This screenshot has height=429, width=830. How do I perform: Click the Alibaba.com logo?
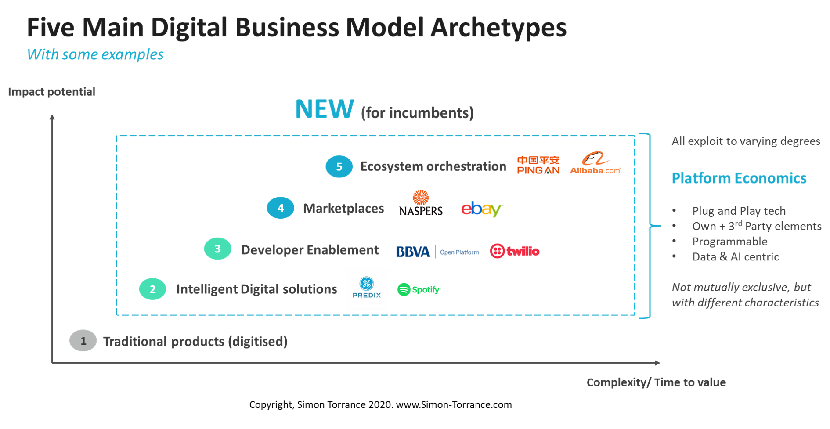pyautogui.click(x=595, y=162)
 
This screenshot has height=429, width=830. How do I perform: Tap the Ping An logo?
pyautogui.click(x=538, y=165)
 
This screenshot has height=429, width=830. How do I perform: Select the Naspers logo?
pyautogui.click(x=420, y=203)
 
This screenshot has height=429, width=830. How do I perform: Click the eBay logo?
pyautogui.click(x=482, y=209)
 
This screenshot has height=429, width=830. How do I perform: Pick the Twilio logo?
pyautogui.click(x=515, y=251)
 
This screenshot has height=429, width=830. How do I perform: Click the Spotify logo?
pyautogui.click(x=419, y=289)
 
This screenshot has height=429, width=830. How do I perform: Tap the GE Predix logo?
pyautogui.click(x=367, y=288)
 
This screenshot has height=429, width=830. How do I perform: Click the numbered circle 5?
pyautogui.click(x=339, y=166)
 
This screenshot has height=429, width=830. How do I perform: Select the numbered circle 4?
pyautogui.click(x=281, y=208)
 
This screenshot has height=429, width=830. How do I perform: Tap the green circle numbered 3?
pyautogui.click(x=217, y=249)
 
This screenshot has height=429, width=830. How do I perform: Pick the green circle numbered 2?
pyautogui.click(x=152, y=289)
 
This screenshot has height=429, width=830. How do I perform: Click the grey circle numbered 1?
pyautogui.click(x=83, y=341)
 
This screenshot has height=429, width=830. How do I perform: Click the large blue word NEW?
pyautogui.click(x=325, y=109)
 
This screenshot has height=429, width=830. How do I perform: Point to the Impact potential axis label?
pyautogui.click(x=51, y=91)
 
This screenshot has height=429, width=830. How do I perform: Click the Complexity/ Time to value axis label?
pyautogui.click(x=656, y=382)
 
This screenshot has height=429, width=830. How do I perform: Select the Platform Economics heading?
pyautogui.click(x=739, y=178)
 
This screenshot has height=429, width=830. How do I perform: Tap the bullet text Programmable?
pyautogui.click(x=730, y=242)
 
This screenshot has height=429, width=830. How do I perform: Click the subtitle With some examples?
pyautogui.click(x=95, y=55)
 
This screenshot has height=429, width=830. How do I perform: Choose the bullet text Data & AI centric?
pyautogui.click(x=736, y=257)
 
